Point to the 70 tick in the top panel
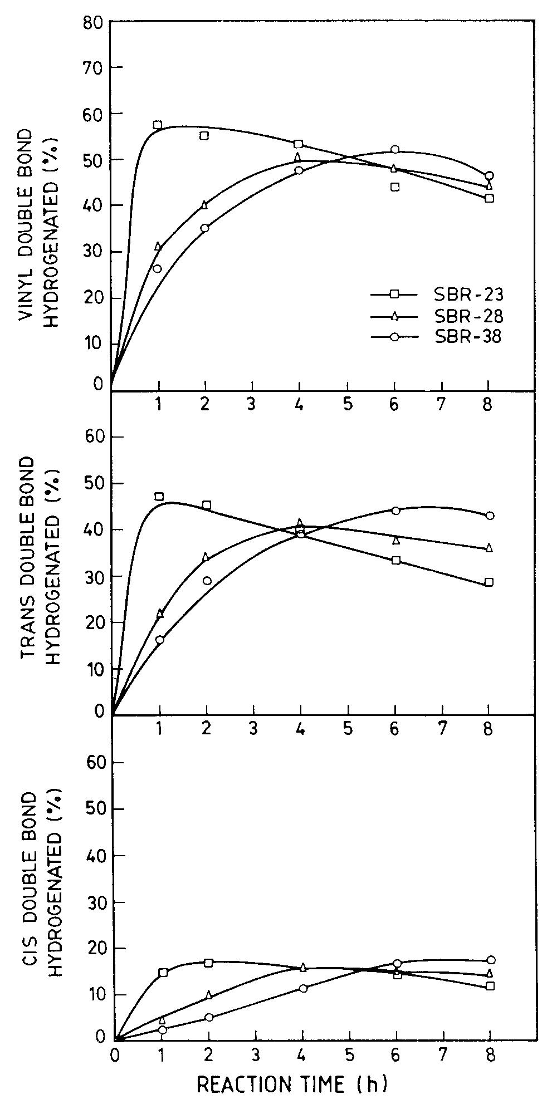point(94,68)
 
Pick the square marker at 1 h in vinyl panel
point(158,125)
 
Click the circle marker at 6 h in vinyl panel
point(395,149)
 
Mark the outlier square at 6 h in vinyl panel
point(395,187)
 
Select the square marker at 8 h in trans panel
point(489,582)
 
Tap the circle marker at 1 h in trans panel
point(160,640)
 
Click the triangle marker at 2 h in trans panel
point(206,557)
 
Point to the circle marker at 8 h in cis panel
point(491,960)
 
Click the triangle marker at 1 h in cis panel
point(162,1005)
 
